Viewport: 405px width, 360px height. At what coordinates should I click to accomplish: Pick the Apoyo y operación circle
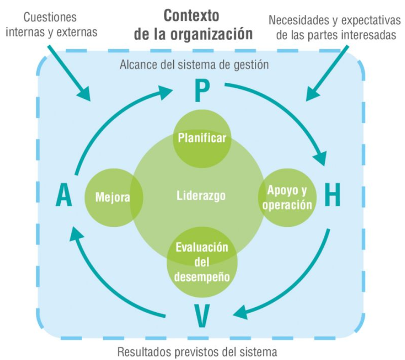coord(288,198)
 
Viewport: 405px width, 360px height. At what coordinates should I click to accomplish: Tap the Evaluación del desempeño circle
coord(202,262)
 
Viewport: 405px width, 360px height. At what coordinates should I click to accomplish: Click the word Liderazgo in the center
coord(201,196)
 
